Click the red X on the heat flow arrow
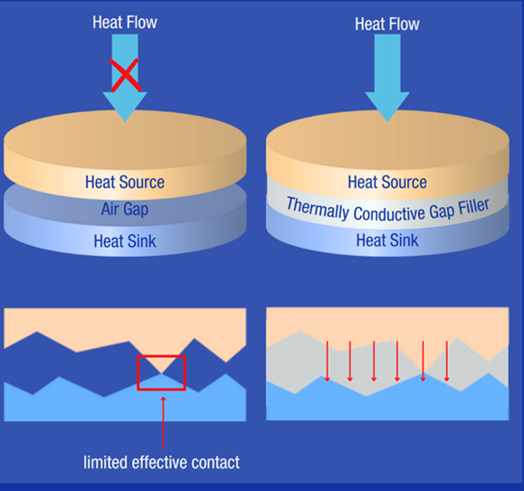coord(125,75)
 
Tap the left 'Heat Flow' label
coord(125,23)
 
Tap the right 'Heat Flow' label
coord(387,24)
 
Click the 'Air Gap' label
coord(125,209)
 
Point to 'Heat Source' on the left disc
coord(125,183)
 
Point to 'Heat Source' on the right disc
coord(387,183)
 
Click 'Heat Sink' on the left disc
coord(125,241)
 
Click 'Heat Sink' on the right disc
coord(387,240)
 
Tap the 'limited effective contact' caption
coord(161,462)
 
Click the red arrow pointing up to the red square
coord(163,422)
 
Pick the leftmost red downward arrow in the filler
coord(328,361)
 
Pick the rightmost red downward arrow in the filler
coord(447,361)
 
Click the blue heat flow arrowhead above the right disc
coord(387,107)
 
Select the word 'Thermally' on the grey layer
coord(318,208)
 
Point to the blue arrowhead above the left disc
coord(125,107)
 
